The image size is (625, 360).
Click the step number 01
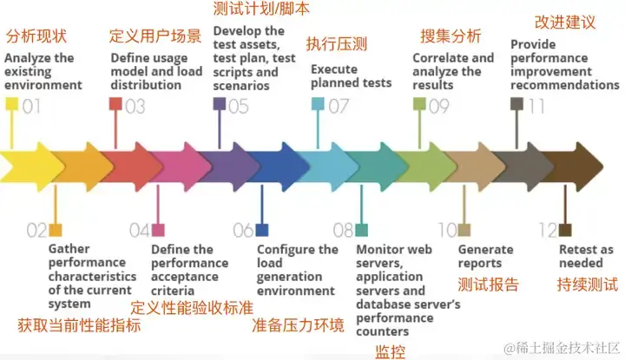32,107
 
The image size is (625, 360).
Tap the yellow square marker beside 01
11,105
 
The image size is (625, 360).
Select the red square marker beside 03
115,105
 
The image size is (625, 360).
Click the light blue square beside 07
318,105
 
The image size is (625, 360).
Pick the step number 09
439,107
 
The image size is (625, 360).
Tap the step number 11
536,107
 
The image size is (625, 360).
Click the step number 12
546,230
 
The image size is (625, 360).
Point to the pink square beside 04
158,230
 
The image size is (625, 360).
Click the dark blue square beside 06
262,230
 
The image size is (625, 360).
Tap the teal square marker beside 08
361,230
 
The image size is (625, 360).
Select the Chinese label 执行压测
334,44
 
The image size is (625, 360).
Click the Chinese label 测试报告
489,285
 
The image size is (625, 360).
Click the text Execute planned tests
351,76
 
